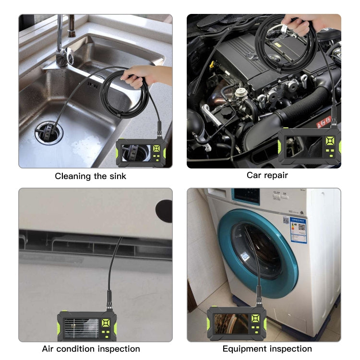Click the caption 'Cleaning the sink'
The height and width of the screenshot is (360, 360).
click(x=90, y=176)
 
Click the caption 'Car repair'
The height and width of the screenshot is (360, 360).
click(x=267, y=175)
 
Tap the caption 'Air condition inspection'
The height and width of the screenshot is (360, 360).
click(x=91, y=349)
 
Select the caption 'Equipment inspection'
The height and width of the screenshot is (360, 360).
click(x=267, y=349)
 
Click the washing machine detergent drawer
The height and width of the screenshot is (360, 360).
click(x=246, y=197)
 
